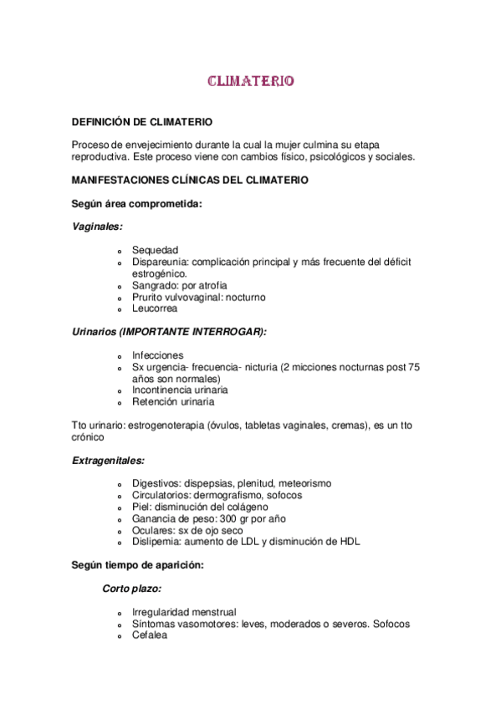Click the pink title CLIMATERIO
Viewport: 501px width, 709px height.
[x=250, y=82]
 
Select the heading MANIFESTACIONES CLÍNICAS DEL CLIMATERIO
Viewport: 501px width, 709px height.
[x=190, y=180]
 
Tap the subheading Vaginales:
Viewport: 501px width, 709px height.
[x=97, y=227]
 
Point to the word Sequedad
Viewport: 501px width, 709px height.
[x=155, y=250]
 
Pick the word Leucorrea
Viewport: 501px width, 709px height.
[x=155, y=309]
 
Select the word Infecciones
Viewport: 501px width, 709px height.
[x=157, y=355]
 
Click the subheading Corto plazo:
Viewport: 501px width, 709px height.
[x=132, y=589]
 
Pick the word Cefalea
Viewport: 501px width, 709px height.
[x=150, y=635]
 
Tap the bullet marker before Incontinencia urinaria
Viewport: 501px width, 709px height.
[x=120, y=391]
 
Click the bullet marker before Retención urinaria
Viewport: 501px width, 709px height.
[x=120, y=403]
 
